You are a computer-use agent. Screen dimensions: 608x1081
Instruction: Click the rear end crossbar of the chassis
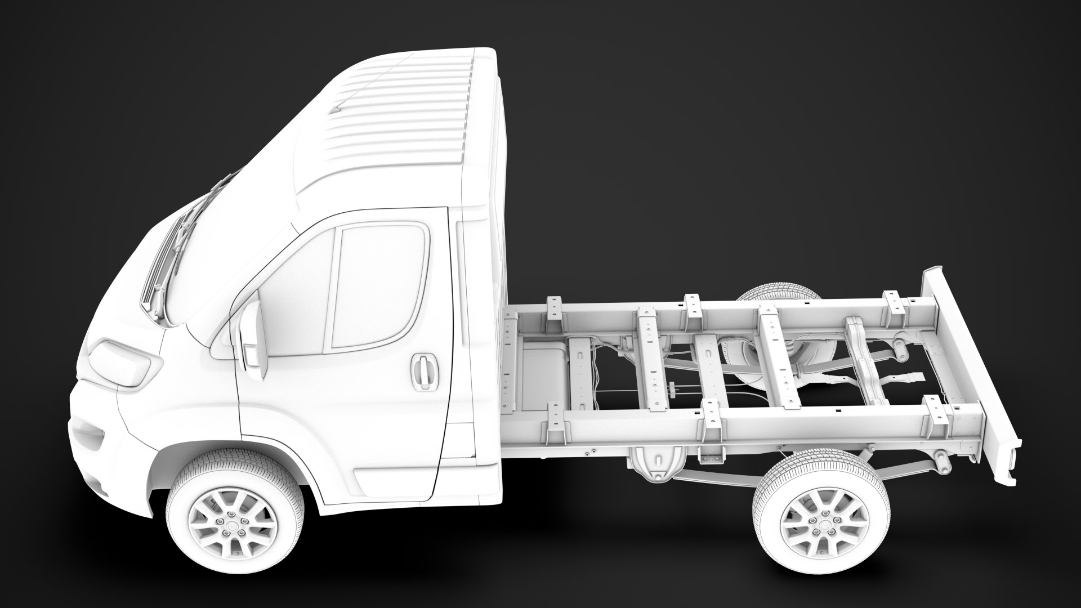(968, 360)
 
